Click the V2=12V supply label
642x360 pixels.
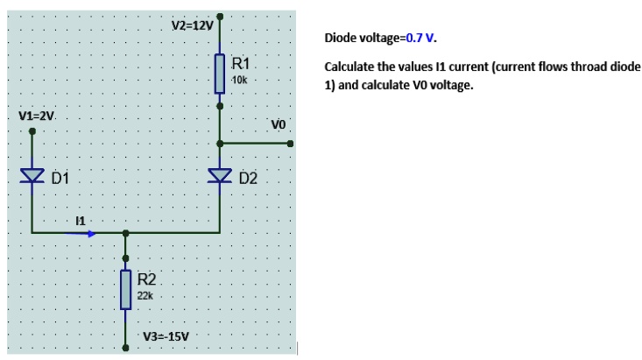192,25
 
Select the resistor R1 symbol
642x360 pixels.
220,72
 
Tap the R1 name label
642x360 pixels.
243,63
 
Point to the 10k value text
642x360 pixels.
241,81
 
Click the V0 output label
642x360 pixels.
279,124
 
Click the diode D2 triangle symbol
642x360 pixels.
220,178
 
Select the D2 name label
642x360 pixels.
248,179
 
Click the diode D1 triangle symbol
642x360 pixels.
32,177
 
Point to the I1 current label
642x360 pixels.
81,219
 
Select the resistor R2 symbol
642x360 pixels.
126,289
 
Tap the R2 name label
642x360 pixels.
147,279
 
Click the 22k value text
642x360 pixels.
145,297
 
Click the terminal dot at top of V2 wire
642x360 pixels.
220,15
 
